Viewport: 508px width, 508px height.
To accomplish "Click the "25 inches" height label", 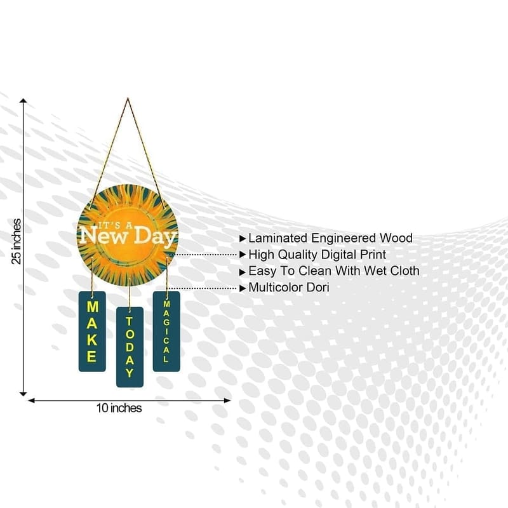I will (17, 241).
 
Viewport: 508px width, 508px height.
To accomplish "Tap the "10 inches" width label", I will (119, 408).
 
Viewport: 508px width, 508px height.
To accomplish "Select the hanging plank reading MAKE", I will (91, 331).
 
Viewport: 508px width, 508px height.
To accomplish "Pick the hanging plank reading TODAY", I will (130, 347).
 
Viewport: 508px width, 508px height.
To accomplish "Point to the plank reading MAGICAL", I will (166, 331).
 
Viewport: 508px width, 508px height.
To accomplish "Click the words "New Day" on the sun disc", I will (128, 236).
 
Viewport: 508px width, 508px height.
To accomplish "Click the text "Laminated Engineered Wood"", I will (330, 238).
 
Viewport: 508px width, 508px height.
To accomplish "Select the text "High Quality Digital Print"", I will (326, 255).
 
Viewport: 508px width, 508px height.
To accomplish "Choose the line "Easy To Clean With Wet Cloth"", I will (333, 271).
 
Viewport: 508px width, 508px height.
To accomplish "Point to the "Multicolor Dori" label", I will (289, 288).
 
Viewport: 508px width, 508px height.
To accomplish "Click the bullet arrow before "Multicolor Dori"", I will (243, 288).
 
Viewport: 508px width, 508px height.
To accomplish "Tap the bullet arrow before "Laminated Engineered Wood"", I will (243, 239).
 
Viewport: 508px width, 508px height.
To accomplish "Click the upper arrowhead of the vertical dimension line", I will (23, 101).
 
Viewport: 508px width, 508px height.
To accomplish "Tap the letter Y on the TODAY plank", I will (130, 373).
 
